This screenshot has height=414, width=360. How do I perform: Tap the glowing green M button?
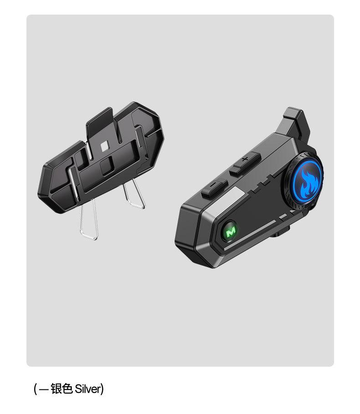tap(229, 231)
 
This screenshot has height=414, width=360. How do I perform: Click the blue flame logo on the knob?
tap(307, 181)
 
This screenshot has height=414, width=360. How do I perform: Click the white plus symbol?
tap(245, 159)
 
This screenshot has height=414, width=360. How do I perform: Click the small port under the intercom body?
tap(280, 232)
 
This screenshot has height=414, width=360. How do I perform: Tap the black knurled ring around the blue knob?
tap(303, 182)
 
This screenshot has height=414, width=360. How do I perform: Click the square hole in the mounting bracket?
tap(105, 146)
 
